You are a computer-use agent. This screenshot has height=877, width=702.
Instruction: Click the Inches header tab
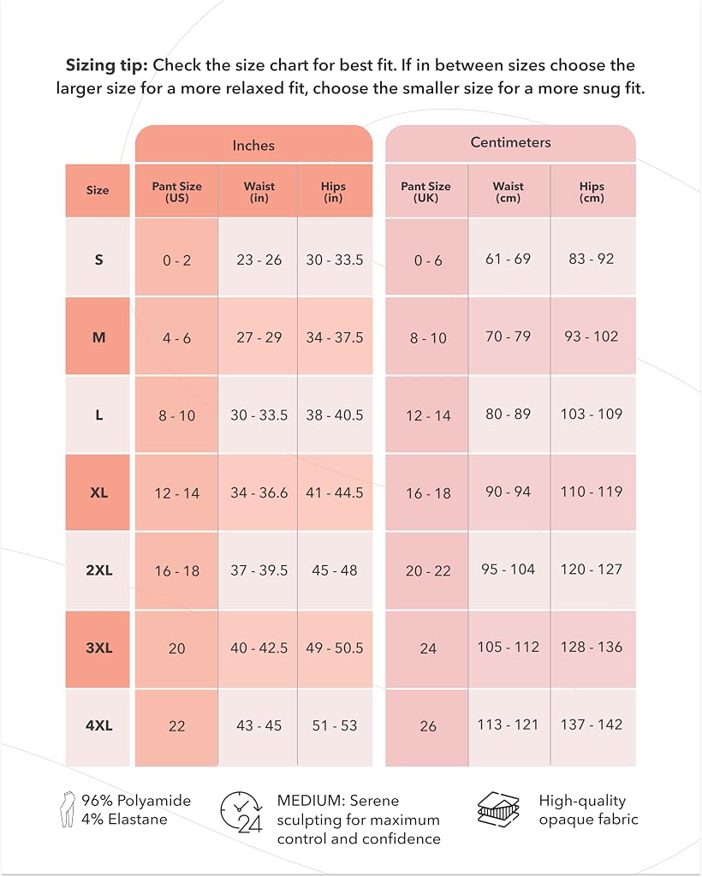(253, 144)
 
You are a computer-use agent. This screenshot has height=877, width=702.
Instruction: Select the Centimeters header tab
(510, 143)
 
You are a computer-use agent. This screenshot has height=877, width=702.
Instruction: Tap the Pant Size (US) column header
(176, 191)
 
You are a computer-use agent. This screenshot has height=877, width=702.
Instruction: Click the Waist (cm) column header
(509, 191)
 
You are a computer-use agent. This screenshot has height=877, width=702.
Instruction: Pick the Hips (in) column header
(334, 191)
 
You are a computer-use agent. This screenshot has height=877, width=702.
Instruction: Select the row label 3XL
(98, 648)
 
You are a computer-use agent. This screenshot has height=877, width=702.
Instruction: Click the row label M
(98, 337)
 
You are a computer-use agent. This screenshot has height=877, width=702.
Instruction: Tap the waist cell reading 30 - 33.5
(259, 415)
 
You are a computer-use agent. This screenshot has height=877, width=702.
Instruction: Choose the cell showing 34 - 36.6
(259, 492)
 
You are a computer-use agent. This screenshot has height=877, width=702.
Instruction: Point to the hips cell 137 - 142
(592, 725)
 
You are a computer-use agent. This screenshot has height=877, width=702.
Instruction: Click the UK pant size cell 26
(427, 726)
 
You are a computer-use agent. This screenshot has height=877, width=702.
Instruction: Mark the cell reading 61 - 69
(509, 259)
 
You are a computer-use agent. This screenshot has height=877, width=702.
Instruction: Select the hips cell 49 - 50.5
(335, 648)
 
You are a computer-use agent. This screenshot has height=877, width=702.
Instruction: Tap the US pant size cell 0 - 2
(176, 260)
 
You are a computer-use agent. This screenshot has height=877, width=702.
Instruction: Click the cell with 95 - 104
(509, 570)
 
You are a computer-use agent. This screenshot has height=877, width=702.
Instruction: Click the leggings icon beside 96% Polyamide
(68, 809)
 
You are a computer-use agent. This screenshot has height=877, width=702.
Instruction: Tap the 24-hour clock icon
(241, 812)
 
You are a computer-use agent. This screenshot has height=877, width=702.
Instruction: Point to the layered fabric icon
(498, 808)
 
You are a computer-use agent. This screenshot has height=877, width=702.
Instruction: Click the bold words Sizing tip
(107, 65)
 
